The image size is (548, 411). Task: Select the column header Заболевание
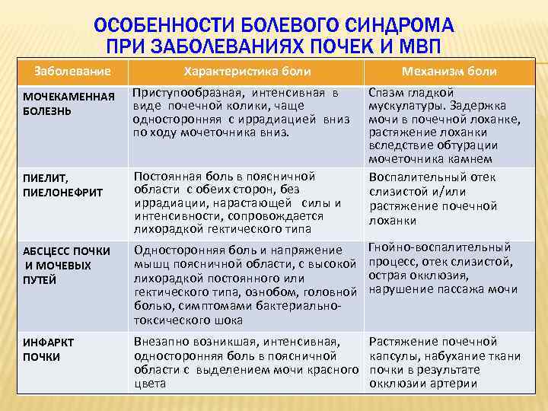tap(72, 72)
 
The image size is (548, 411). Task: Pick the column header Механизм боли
tap(454, 72)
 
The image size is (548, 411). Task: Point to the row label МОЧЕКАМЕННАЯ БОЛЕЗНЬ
tap(68, 104)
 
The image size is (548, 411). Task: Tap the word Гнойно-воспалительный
tap(439, 247)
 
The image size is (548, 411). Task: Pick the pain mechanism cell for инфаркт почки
tap(444, 362)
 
